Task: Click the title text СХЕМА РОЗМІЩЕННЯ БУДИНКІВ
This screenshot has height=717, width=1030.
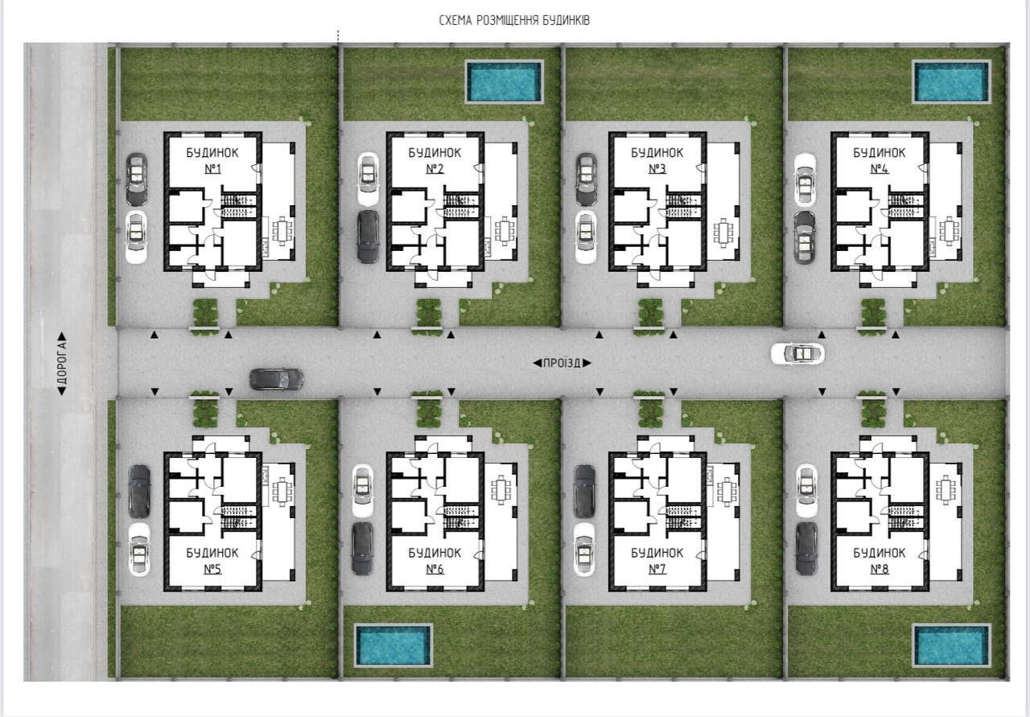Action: coord(514,21)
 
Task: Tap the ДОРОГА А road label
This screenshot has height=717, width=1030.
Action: coord(62,364)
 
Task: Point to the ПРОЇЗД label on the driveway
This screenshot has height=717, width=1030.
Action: coord(562,364)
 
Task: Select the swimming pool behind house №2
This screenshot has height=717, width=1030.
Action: coord(505,81)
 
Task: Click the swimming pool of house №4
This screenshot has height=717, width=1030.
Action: coord(951,81)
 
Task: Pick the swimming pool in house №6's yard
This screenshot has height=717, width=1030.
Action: coord(393,645)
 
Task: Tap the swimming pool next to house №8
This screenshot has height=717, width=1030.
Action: coord(951,645)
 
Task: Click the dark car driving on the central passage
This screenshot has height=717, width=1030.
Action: coord(276,380)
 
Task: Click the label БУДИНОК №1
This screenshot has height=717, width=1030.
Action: coord(212,160)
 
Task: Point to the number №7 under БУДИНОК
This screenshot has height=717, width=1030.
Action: coord(657,570)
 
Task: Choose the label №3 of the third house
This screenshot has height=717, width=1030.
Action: coord(657,169)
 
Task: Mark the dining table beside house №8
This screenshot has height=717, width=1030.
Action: coord(946,490)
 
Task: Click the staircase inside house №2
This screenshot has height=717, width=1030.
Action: coord(461,205)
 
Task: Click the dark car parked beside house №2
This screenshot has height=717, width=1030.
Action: coord(368,237)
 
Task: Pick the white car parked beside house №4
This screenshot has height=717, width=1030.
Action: coord(805,179)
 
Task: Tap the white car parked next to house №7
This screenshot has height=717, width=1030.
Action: coord(584,550)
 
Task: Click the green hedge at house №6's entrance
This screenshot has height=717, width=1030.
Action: coord(429,410)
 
